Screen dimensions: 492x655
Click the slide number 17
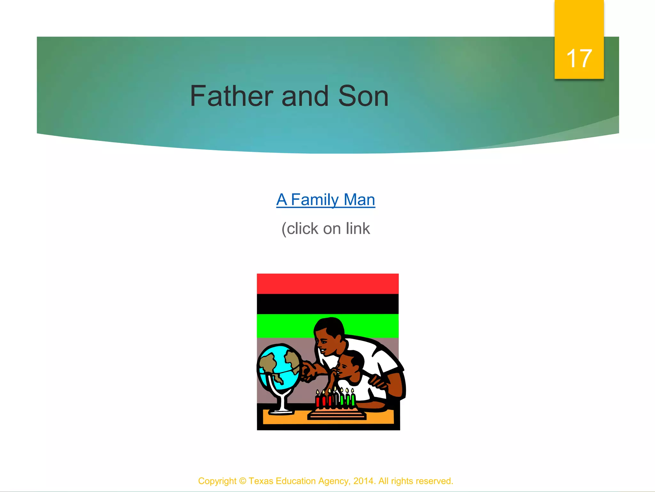[x=579, y=59]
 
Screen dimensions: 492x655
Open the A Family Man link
[x=326, y=200]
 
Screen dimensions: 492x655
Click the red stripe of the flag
[x=327, y=283]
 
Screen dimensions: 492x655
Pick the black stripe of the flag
[x=327, y=304]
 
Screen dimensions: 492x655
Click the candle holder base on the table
[x=336, y=415]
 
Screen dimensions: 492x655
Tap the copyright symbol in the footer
[x=243, y=481]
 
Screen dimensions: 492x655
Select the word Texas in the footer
[x=261, y=481]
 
